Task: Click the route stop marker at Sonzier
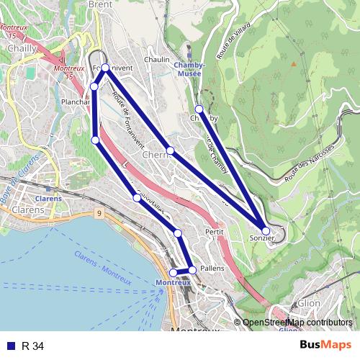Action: click(x=266, y=231)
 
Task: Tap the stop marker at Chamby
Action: click(x=199, y=109)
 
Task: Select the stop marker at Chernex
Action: click(x=170, y=150)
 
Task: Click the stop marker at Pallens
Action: click(x=192, y=270)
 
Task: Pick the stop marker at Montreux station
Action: click(x=173, y=272)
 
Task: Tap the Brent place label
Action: click(x=101, y=4)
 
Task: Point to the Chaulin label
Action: click(x=157, y=60)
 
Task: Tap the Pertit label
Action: click(x=215, y=233)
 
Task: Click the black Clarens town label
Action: click(x=27, y=210)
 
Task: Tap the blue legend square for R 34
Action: click(x=9, y=346)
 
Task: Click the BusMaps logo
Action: click(x=325, y=346)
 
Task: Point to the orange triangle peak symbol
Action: click(x=293, y=63)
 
